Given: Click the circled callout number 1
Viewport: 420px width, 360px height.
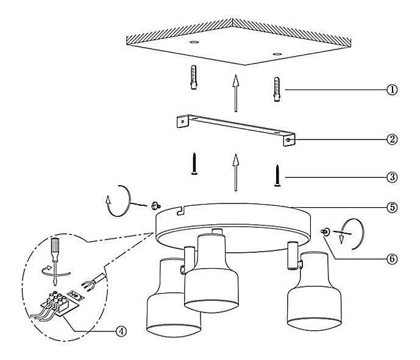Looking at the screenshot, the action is click(392, 90).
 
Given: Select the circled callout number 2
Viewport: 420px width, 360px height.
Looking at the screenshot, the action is click(392, 139).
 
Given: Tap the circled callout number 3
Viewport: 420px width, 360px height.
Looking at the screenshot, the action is click(392, 177).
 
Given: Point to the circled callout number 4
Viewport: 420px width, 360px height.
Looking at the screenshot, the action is click(121, 331).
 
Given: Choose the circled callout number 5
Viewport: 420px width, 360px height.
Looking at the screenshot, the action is click(392, 207).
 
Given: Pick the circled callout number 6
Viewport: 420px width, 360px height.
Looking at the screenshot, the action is click(392, 259).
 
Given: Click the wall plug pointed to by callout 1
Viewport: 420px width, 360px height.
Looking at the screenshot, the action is click(277, 90).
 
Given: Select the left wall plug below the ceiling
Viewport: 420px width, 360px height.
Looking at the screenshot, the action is click(194, 77).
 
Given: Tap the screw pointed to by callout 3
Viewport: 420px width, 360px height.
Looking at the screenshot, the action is click(277, 175).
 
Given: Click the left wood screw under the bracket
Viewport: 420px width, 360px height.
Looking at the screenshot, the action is click(194, 164).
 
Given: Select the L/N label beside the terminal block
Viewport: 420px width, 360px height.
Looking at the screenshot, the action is click(76, 295).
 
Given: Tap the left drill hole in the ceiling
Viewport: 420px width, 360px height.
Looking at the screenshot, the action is click(194, 42).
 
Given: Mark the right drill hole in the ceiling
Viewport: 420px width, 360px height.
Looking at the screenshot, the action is click(277, 54).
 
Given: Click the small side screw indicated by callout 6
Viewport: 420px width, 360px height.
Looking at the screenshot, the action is click(326, 232).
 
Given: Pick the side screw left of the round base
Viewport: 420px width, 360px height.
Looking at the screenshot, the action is click(155, 206).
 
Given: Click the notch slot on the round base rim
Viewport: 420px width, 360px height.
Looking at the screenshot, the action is click(181, 211).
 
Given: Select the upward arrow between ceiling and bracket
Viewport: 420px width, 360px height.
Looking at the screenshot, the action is click(236, 93).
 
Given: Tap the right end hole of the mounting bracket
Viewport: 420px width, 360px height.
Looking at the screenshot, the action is click(288, 140).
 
